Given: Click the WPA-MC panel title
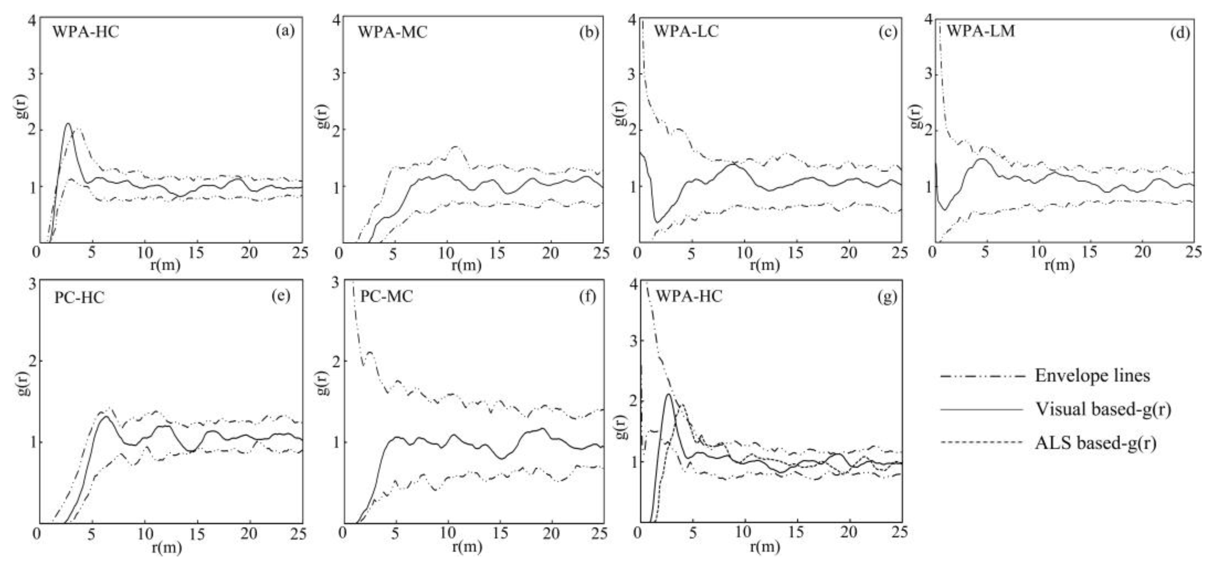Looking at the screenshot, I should [392, 32].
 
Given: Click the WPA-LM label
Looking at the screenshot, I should [980, 31].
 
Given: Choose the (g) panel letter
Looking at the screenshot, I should [887, 297].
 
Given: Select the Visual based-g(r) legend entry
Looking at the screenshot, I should [1103, 409].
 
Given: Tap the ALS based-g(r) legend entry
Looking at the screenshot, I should [1095, 443].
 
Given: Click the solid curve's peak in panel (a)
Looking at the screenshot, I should [68, 124].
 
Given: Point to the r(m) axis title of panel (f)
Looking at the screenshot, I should [466, 547].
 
